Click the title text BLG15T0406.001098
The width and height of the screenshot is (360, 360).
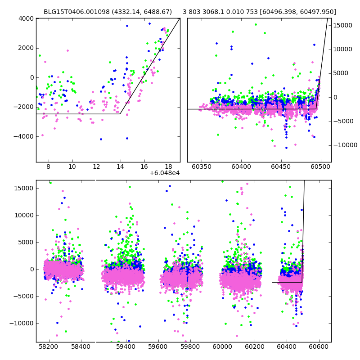pos(77,12)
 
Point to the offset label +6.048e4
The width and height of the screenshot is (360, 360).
pos(165,173)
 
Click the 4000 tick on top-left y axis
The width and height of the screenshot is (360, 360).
pos(26,18)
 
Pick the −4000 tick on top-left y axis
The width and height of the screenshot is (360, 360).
pos(24,137)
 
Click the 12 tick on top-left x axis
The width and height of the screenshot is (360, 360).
pos(96,166)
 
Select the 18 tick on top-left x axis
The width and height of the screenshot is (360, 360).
pos(168,166)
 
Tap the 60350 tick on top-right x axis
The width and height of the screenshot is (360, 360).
pos(202,166)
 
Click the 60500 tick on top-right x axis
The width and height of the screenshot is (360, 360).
pos(320,166)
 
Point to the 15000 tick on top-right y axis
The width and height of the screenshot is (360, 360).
pos(342,26)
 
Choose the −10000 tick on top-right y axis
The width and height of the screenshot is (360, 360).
pos(345,145)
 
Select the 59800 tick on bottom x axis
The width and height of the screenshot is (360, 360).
pos(190,346)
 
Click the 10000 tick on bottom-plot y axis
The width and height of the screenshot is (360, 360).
pos(24,216)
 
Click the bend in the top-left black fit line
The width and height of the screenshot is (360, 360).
pos(120,114)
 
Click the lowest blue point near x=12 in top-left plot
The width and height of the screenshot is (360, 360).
pos(101,139)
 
